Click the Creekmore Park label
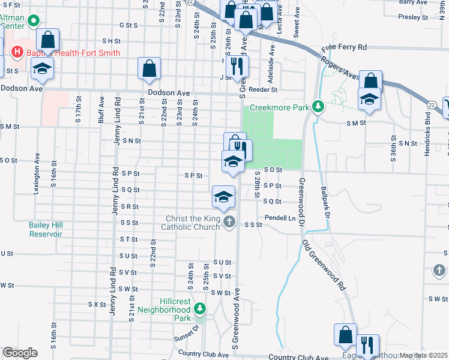coord(279,107)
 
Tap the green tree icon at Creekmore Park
coord(319,107)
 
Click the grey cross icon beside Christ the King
coord(229,223)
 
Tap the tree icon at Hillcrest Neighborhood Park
coord(200,309)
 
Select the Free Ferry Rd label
coord(344,47)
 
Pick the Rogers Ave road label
coord(340,64)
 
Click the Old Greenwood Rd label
coord(325,265)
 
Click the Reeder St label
coord(265,89)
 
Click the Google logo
coord(20,353)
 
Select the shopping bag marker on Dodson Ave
coord(149,68)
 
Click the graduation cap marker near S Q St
coord(223,197)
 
